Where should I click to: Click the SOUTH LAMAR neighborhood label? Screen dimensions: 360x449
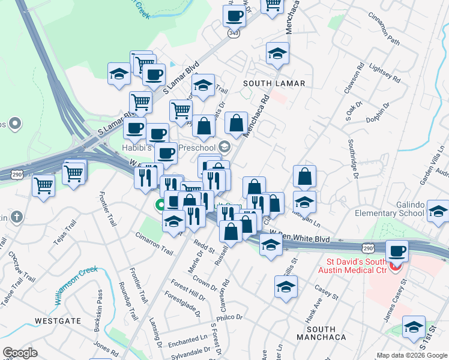click(274, 83)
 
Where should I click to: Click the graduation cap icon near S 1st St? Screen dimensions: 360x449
click(414, 326)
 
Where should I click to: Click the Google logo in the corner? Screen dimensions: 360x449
click(20, 352)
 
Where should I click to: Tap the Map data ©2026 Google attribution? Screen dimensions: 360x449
click(412, 355)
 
